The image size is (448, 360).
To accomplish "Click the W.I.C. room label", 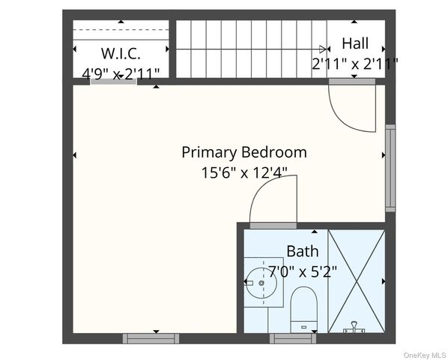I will [121, 54].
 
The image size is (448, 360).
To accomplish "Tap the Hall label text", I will [354, 43].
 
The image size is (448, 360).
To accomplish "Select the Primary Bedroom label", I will [243, 152].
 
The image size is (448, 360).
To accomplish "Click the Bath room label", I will [302, 251].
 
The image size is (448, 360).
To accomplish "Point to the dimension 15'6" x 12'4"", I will [243, 173].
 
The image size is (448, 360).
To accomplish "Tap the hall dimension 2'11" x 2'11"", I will [354, 64].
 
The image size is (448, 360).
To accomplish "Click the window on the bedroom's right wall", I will [390, 168].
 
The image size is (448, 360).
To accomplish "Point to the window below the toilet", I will [292, 338].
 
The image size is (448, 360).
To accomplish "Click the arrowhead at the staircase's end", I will [323, 49].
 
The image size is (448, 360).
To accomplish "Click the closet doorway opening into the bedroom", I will [113, 82].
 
